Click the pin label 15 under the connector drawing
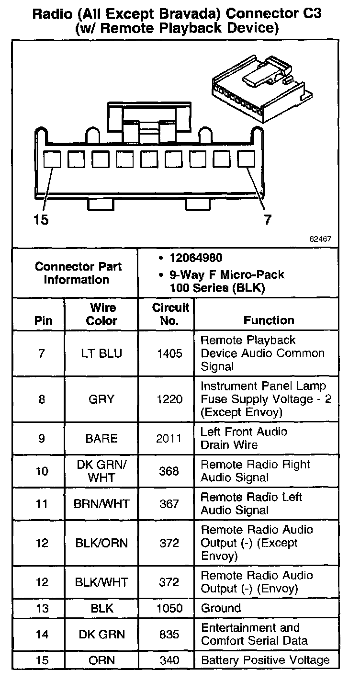click(41, 220)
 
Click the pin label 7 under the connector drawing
click(268, 220)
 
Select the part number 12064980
click(195, 258)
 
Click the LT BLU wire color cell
click(101, 354)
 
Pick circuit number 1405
click(169, 354)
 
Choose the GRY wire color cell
click(101, 399)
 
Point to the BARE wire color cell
click(101, 438)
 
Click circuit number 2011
click(169, 438)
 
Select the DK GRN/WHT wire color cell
click(101, 471)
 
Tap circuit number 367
click(169, 504)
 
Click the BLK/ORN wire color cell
click(101, 544)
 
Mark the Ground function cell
click(221, 608)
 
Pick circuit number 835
click(169, 634)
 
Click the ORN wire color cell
click(101, 660)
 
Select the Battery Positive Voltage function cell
click(265, 660)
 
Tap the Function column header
click(269, 320)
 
